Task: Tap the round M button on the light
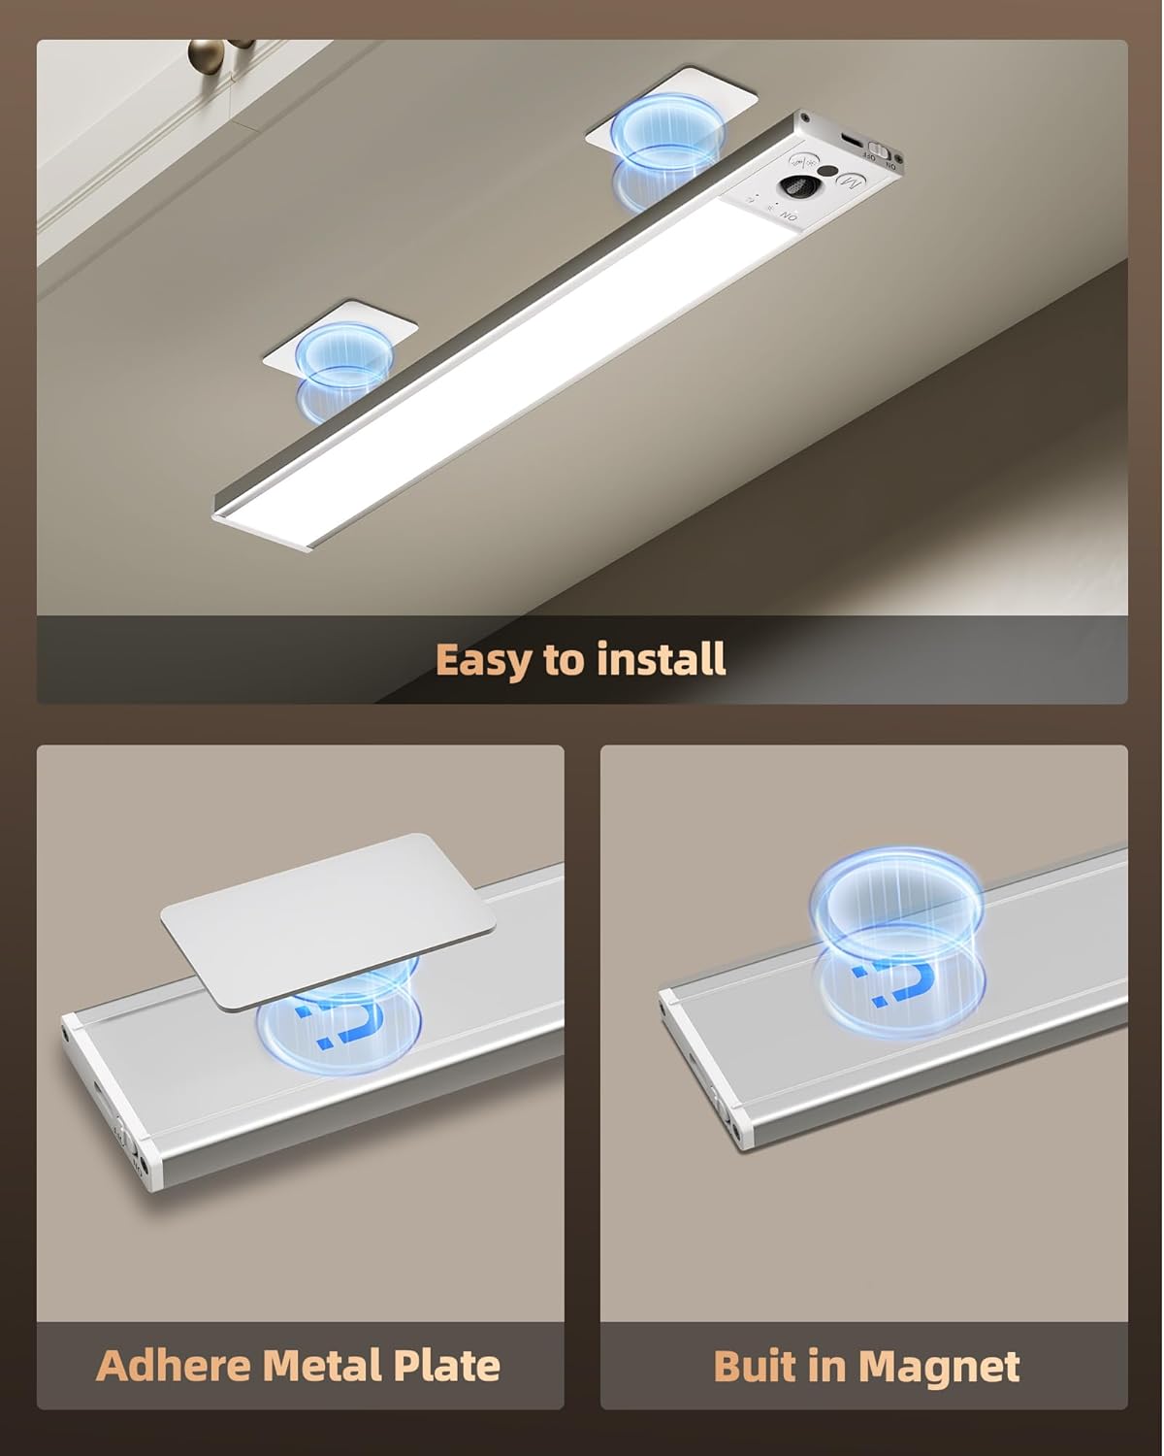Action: click(851, 182)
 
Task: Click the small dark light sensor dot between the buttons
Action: click(827, 174)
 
